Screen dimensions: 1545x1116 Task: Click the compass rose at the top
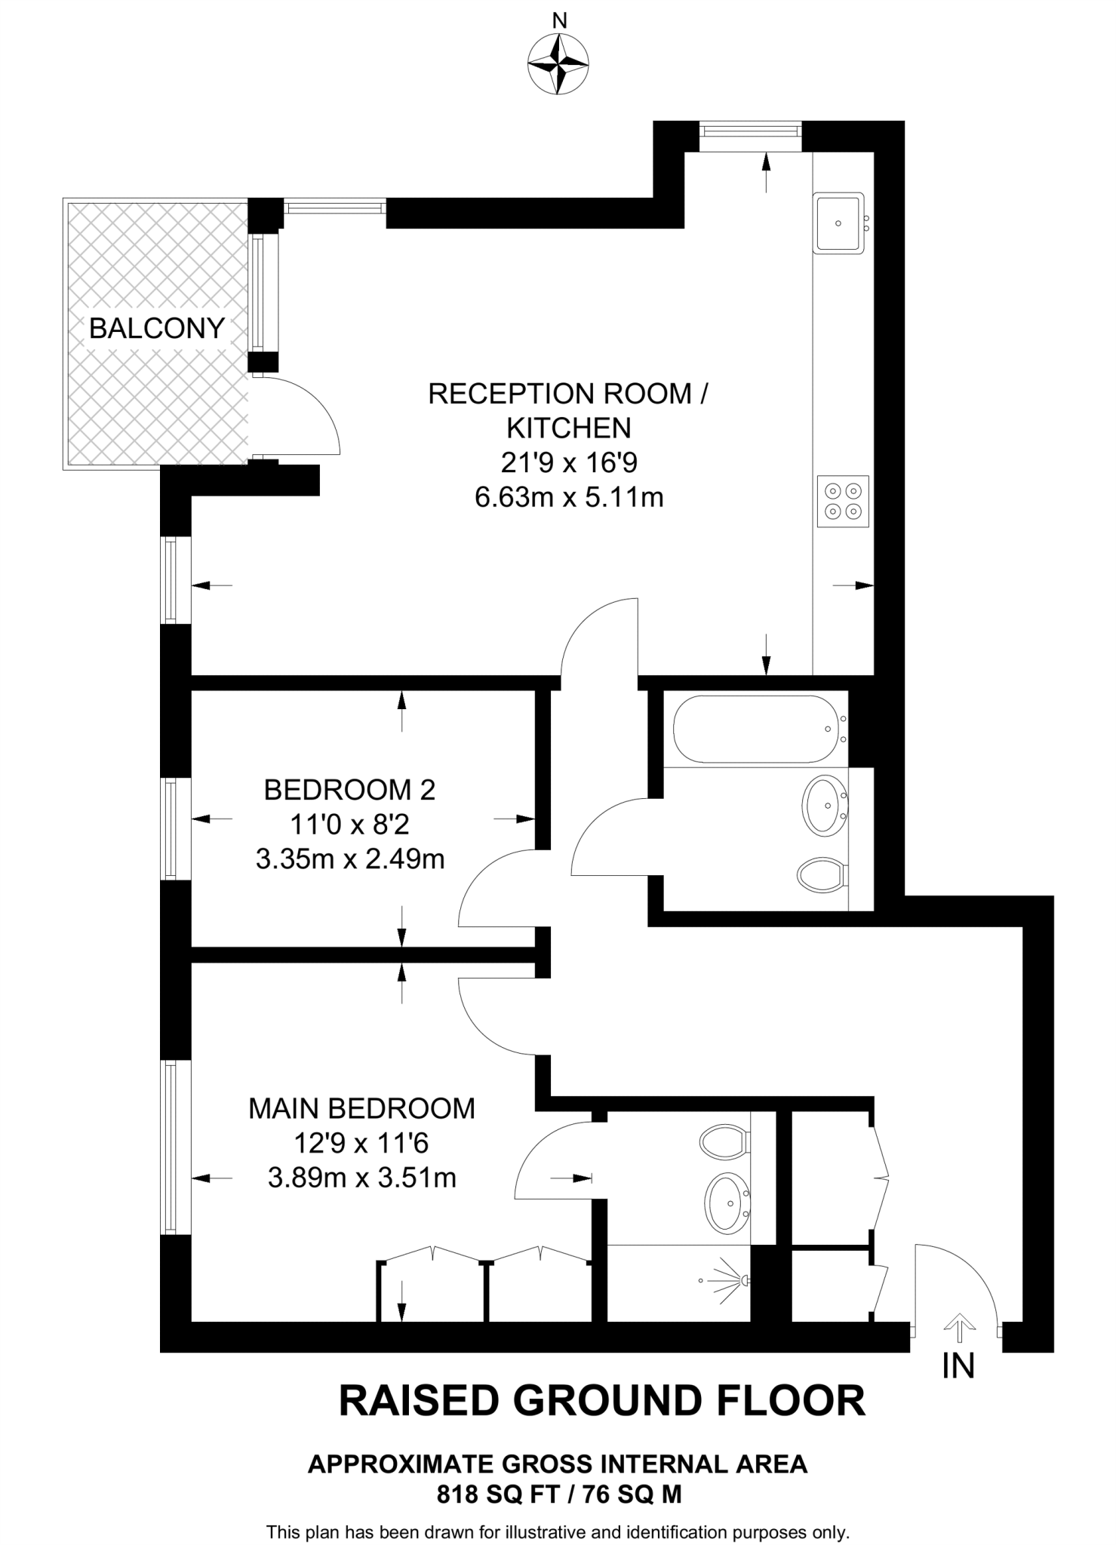point(558,66)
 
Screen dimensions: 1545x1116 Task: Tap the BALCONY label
point(157,329)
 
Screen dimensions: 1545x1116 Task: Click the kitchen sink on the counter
point(838,223)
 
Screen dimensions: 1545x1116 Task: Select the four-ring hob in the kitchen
point(843,501)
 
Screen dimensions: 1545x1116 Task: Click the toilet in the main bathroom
point(822,875)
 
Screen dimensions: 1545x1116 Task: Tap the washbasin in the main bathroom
point(826,805)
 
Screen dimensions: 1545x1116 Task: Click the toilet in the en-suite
point(724,1141)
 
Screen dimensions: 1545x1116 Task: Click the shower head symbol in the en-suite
point(727,1279)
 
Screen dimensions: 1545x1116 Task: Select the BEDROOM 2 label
point(349,790)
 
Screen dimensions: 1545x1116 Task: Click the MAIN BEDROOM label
point(361,1108)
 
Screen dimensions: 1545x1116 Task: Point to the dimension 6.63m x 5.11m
point(568,498)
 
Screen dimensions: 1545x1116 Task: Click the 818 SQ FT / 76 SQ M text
point(559,1494)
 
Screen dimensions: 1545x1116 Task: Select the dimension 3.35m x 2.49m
point(349,859)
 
